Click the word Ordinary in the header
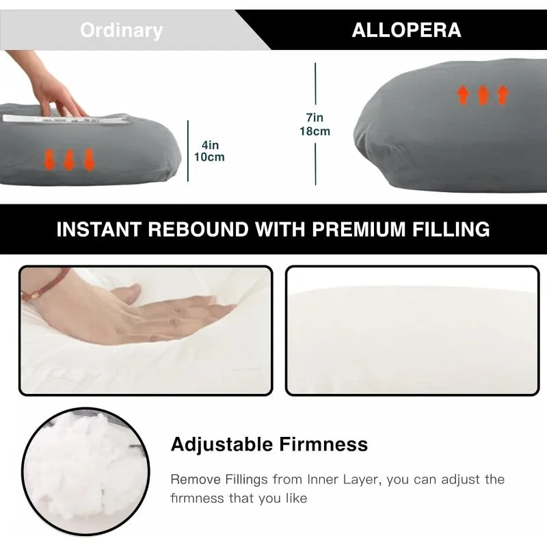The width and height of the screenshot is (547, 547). pos(121,31)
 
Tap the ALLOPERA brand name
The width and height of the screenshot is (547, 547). pos(406,31)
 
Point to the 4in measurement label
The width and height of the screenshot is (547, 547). pos(210,145)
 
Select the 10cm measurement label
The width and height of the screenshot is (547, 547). pos(209,157)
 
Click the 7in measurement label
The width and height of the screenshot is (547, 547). pos(315,118)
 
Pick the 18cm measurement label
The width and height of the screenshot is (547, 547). pos(315,131)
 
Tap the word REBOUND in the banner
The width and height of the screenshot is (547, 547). pos(208,229)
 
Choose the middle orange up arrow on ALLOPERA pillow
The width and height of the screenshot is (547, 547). pos(483,95)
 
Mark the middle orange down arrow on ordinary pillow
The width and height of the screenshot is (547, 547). pos(68,160)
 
